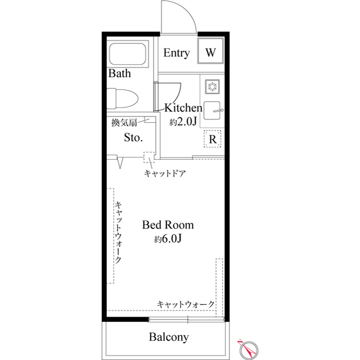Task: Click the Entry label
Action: tap(176, 53)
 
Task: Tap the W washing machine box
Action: tap(210, 53)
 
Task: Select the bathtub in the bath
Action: tap(127, 55)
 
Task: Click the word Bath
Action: tap(119, 73)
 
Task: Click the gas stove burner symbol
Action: tap(213, 86)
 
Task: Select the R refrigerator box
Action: tap(213, 138)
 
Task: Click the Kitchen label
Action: tap(183, 107)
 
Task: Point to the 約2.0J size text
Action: tap(183, 121)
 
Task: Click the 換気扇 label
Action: tap(124, 121)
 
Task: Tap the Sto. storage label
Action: tap(133, 137)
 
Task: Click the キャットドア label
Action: tap(165, 174)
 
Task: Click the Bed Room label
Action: tap(168, 225)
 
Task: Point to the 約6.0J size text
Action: tap(168, 239)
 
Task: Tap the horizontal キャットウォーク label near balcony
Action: tap(186, 304)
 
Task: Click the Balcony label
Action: tap(168, 337)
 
